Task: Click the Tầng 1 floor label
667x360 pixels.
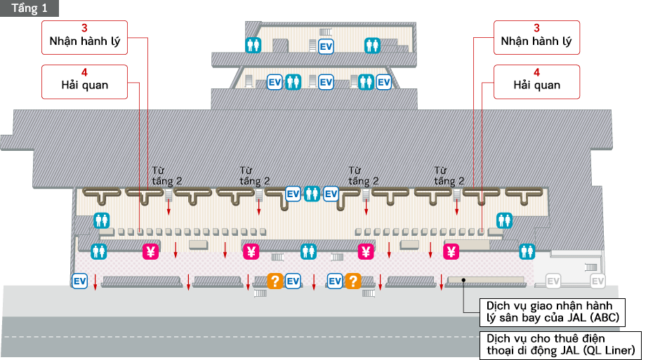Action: click(x=29, y=8)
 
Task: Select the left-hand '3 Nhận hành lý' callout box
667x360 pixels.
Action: click(x=85, y=35)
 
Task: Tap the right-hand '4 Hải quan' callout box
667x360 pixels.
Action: click(x=536, y=79)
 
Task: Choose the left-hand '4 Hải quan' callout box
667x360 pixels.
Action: click(x=85, y=79)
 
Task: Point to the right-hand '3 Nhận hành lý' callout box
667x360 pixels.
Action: click(x=536, y=35)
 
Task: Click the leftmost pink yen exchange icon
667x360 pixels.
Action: click(x=150, y=251)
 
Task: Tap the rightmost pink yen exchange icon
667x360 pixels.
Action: click(x=451, y=251)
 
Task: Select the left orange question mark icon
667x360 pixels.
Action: click(x=275, y=281)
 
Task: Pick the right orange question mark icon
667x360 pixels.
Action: click(x=352, y=281)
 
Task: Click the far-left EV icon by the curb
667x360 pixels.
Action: click(x=80, y=281)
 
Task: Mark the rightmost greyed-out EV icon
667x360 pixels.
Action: click(x=597, y=281)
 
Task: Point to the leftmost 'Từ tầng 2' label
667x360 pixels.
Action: click(x=167, y=175)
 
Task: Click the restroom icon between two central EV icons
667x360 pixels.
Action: click(x=311, y=193)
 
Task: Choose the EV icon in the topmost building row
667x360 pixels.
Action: click(x=326, y=46)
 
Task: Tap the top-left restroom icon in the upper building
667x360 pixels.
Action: click(x=253, y=46)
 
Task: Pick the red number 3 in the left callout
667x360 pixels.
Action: click(x=85, y=28)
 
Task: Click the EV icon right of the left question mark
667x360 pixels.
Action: click(x=293, y=281)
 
